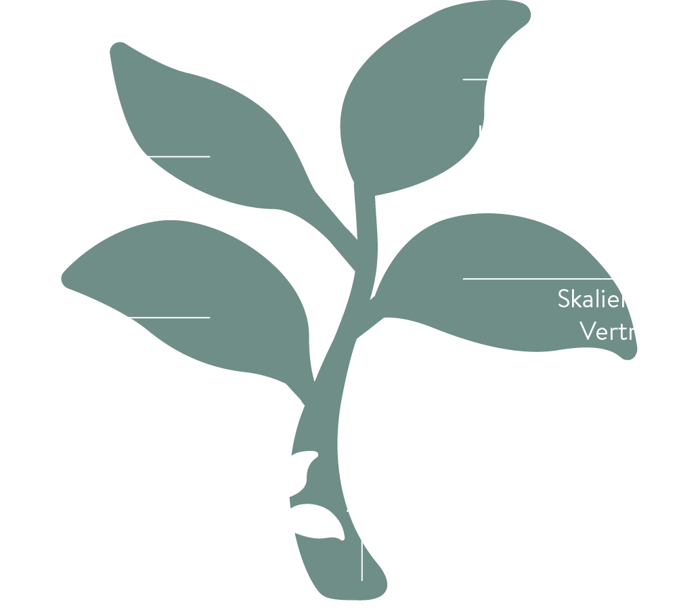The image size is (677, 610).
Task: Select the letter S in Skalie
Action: (565, 299)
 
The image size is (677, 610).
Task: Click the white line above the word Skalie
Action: (538, 278)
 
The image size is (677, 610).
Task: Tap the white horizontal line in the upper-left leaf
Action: (179, 156)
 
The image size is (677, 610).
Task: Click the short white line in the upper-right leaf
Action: (475, 79)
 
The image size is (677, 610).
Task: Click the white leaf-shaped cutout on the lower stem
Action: (318, 523)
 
